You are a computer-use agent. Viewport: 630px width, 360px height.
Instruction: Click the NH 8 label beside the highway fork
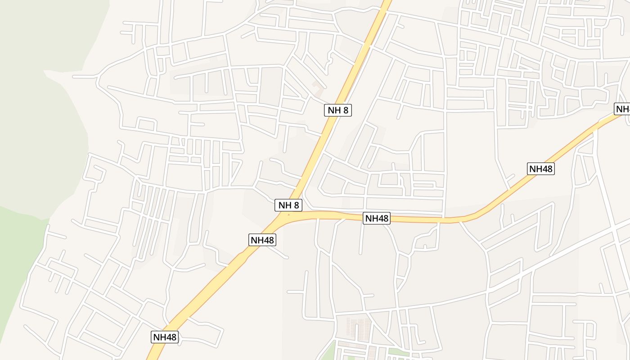(x=288, y=205)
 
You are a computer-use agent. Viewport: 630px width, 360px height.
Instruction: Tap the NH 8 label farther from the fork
(x=337, y=110)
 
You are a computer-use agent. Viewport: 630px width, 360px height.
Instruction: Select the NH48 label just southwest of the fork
(x=262, y=240)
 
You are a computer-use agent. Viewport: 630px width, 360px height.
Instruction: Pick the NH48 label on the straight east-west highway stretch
(x=377, y=218)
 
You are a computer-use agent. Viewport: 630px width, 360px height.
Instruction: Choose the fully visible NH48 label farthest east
(x=540, y=169)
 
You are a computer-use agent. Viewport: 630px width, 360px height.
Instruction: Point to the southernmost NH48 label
(x=165, y=337)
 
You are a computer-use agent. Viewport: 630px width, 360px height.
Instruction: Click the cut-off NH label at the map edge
(x=623, y=109)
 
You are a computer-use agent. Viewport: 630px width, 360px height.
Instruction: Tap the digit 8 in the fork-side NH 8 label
(x=296, y=205)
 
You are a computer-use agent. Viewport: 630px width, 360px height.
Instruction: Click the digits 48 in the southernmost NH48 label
(x=171, y=337)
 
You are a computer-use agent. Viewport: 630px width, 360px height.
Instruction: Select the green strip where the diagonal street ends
(x=396, y=351)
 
